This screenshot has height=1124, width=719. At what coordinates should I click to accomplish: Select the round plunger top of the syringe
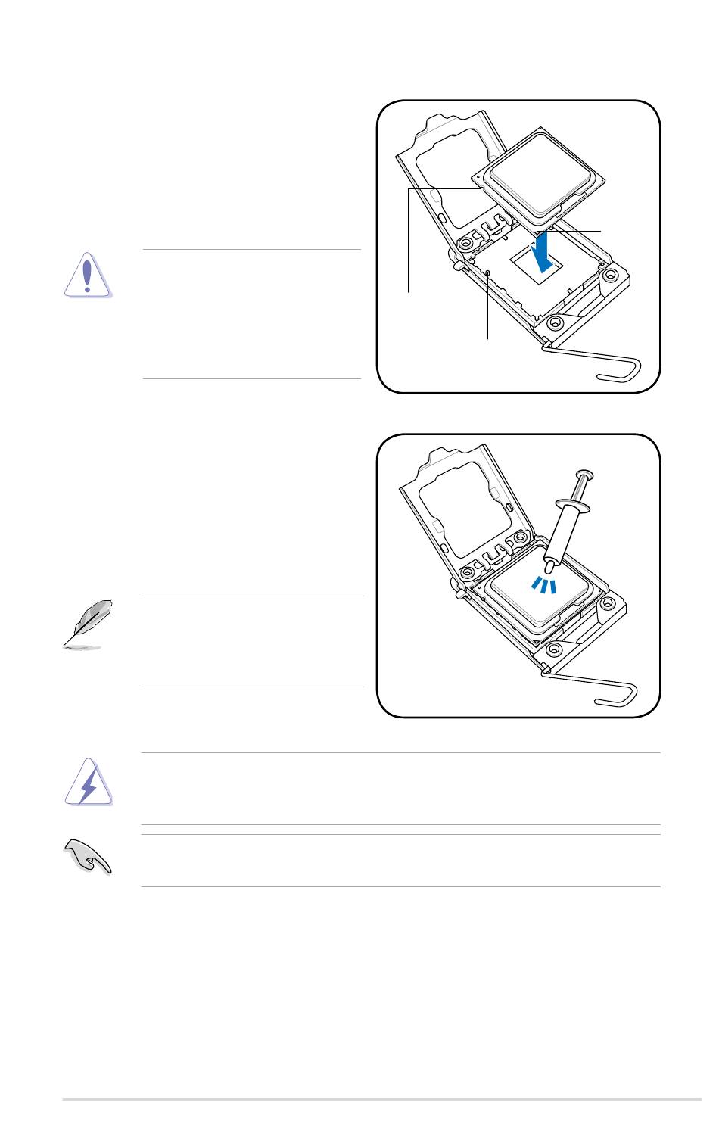[x=585, y=475]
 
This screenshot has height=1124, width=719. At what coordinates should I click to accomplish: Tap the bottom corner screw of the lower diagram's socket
[x=554, y=649]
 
